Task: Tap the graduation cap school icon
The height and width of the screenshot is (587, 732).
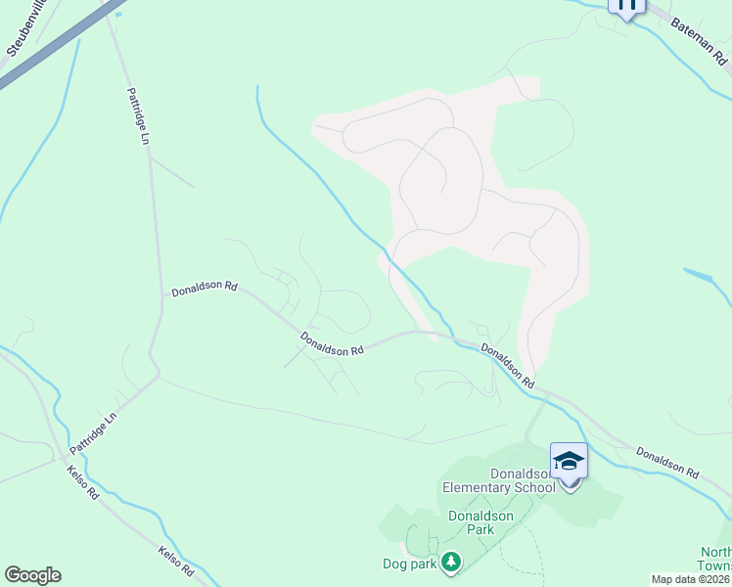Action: click(569, 460)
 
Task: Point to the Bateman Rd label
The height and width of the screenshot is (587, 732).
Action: click(699, 40)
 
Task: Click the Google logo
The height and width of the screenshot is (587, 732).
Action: click(32, 575)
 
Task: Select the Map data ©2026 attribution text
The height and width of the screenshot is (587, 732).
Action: click(691, 579)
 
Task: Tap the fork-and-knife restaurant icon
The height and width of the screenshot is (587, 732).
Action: click(626, 5)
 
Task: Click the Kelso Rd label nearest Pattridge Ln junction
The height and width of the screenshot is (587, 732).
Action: click(84, 482)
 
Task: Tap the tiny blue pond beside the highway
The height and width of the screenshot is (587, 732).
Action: click(119, 14)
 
